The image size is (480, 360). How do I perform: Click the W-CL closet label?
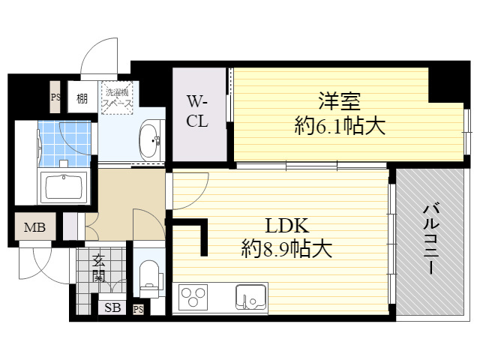pos(197,111)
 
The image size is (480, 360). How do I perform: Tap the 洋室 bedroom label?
pos(339,101)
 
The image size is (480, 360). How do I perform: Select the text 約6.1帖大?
pos(340,126)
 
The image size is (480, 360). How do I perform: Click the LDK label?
pos(286,226)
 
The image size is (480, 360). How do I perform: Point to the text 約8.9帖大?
pos(286,249)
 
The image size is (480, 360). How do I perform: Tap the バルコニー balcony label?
pos(431,240)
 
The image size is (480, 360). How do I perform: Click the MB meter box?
pos(35,226)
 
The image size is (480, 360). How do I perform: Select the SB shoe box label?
pos(112,307)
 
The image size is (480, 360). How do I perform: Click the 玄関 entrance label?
pos(99,268)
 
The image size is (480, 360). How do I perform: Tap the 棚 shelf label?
pos(82,98)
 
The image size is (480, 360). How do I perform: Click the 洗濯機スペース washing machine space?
pos(117,97)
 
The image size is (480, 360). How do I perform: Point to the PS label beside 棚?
pos(55,97)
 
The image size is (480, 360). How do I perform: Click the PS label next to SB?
pos(138,309)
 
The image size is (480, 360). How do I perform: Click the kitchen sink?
pos(250,297)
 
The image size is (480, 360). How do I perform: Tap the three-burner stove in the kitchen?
pos(193,297)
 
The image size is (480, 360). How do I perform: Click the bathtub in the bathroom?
pos(64,186)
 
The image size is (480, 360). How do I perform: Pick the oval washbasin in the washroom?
pos(150,141)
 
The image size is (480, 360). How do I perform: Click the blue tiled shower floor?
pos(64,144)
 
